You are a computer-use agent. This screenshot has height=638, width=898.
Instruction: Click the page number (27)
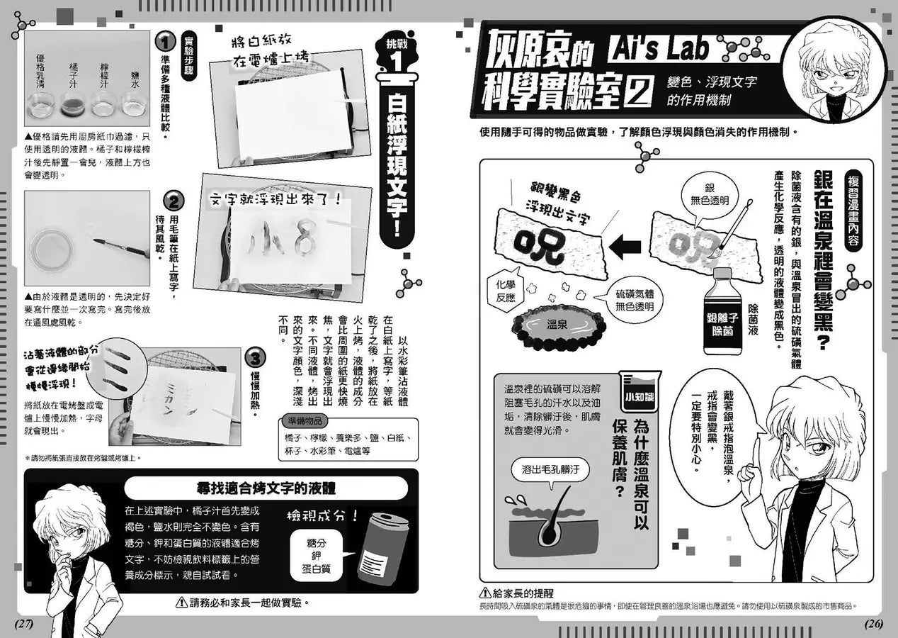click(24, 624)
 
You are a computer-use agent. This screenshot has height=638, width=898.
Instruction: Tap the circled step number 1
click(164, 41)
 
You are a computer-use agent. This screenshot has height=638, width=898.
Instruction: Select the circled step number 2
click(174, 202)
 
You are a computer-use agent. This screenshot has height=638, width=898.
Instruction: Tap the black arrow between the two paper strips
click(625, 248)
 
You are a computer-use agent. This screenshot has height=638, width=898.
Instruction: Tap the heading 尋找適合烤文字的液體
click(266, 488)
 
